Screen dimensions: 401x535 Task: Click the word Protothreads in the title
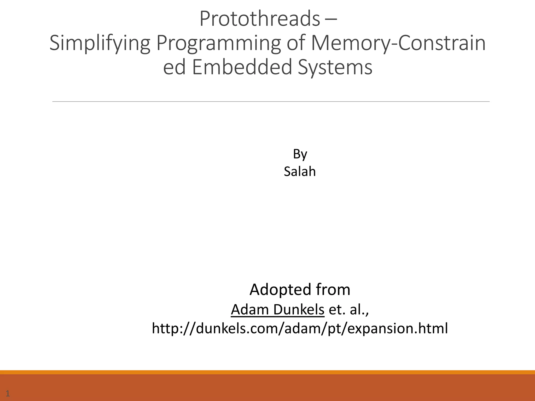(260, 19)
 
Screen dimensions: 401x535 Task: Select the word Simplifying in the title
(100, 43)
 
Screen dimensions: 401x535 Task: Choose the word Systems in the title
(335, 67)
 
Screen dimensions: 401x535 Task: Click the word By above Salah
(300, 154)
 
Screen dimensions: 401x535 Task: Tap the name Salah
(300, 172)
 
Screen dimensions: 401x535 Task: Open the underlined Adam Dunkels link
(277, 310)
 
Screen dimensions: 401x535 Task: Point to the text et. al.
(349, 310)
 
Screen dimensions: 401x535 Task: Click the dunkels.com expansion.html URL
(300, 328)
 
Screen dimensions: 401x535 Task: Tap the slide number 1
(8, 393)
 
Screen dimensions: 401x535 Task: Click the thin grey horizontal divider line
(271, 102)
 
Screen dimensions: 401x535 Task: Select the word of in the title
(296, 43)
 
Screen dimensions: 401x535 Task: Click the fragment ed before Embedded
(174, 67)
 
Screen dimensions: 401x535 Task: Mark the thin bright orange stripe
(267, 372)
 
